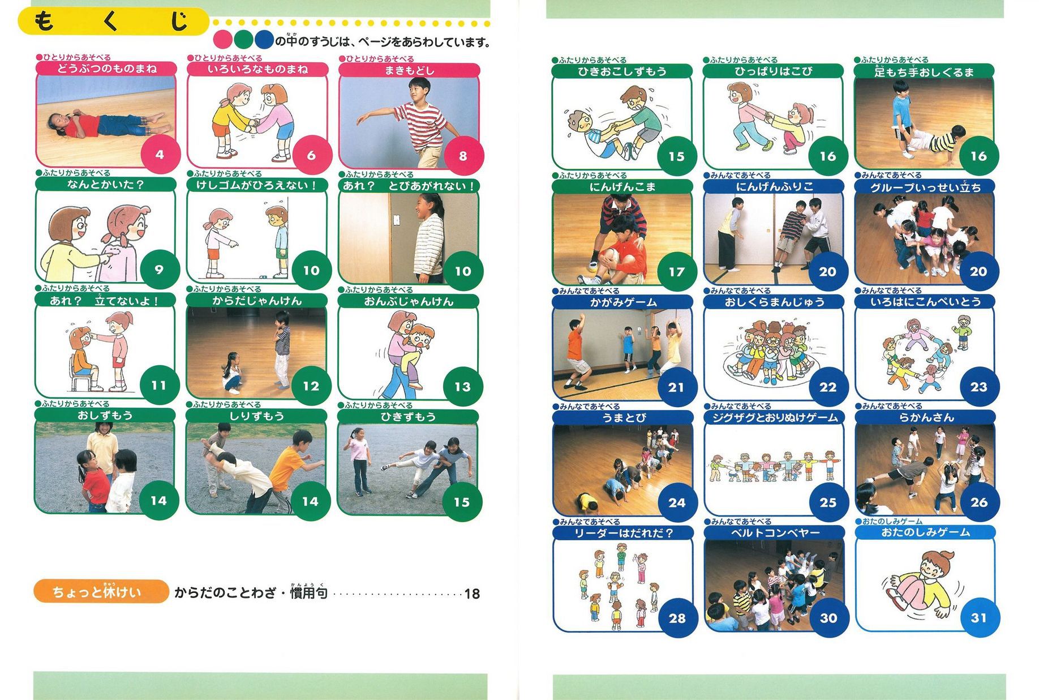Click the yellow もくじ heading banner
113,22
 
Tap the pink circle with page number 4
160,155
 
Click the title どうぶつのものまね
106,69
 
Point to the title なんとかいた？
106,185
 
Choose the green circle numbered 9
160,270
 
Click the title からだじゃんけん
257,301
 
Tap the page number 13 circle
463,387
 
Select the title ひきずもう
408,417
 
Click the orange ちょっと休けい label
101,591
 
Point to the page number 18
472,594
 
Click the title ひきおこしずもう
622,71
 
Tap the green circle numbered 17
677,272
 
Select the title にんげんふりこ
774,186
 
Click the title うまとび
624,418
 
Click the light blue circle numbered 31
979,618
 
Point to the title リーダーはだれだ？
623,533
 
